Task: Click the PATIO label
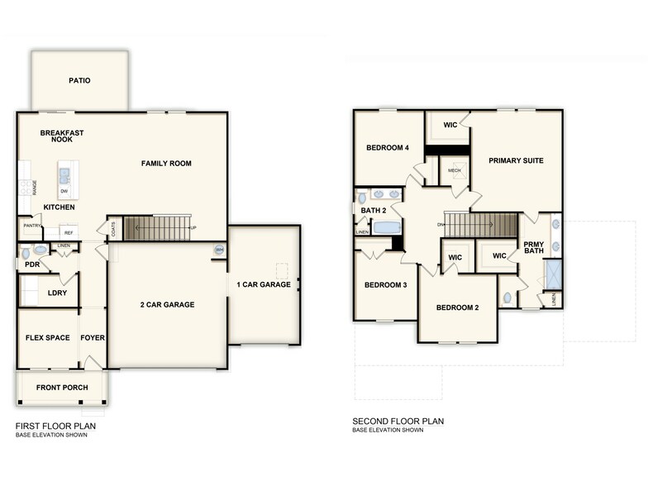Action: tap(79, 80)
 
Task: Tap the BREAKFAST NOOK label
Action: tap(62, 136)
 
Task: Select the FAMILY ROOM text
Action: tap(166, 164)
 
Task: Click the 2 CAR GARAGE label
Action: tap(167, 304)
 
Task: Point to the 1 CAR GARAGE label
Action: tap(264, 284)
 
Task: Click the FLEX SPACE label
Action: tap(46, 337)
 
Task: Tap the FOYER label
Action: tap(92, 337)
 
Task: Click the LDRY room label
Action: tap(57, 293)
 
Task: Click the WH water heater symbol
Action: tap(219, 250)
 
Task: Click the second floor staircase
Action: tap(486, 224)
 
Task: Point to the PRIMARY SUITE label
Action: tap(516, 160)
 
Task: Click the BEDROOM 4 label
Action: tap(388, 148)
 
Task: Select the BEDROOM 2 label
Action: tap(457, 307)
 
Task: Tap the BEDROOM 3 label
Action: tap(385, 285)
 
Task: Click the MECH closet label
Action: tap(455, 171)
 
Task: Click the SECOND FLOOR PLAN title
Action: tap(398, 421)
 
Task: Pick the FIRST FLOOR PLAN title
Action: tap(55, 426)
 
